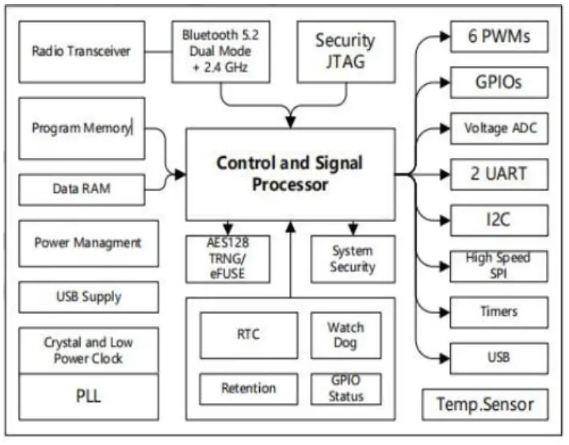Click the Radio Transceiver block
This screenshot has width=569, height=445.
(82, 52)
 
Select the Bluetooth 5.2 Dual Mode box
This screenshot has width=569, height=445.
(220, 51)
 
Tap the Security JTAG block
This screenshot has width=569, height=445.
(345, 51)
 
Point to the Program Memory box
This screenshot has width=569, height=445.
(82, 128)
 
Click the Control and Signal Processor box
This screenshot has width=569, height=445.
(289, 174)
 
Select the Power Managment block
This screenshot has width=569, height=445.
(88, 243)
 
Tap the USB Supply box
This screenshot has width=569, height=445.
(88, 297)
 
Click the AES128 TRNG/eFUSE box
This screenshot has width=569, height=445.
(227, 259)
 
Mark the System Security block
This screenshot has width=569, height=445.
(352, 259)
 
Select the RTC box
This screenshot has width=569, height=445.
(249, 335)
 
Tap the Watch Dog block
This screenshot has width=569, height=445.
(346, 335)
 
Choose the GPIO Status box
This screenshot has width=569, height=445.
(346, 388)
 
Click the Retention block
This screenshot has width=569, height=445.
(249, 388)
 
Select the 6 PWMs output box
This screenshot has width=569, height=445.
(498, 36)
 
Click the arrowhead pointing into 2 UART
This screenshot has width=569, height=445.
(443, 175)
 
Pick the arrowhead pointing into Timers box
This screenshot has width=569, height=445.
(443, 313)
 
